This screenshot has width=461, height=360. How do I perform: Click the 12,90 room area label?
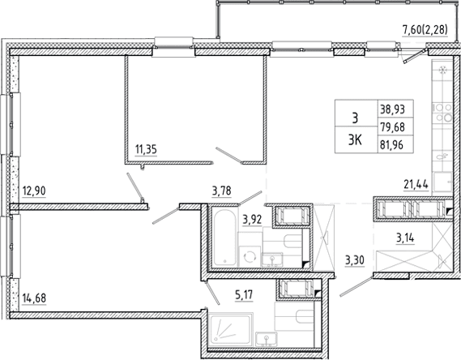click(34, 191)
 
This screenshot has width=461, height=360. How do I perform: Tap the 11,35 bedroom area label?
click(146, 149)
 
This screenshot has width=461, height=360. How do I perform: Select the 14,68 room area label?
click(34, 298)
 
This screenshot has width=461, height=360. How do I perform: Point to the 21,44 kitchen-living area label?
click(416, 185)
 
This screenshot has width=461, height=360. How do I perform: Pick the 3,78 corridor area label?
click(221, 191)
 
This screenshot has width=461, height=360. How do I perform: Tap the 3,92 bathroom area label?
click(252, 220)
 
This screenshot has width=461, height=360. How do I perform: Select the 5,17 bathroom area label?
click(244, 294)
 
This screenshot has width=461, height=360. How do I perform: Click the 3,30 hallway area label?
click(355, 260)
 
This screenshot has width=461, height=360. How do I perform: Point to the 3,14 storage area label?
click(405, 238)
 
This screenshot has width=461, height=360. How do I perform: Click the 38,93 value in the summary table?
click(392, 109)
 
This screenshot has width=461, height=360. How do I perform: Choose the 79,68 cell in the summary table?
click(392, 127)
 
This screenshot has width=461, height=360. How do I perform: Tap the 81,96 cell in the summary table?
click(391, 144)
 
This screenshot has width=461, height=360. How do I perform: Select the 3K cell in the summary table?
click(355, 141)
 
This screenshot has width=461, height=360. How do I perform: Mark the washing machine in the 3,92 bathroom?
click(249, 257)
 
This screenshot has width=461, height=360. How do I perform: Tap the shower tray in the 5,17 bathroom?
click(230, 329)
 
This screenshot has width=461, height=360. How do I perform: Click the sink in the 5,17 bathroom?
click(266, 339)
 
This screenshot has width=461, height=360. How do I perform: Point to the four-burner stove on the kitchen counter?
click(443, 113)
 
